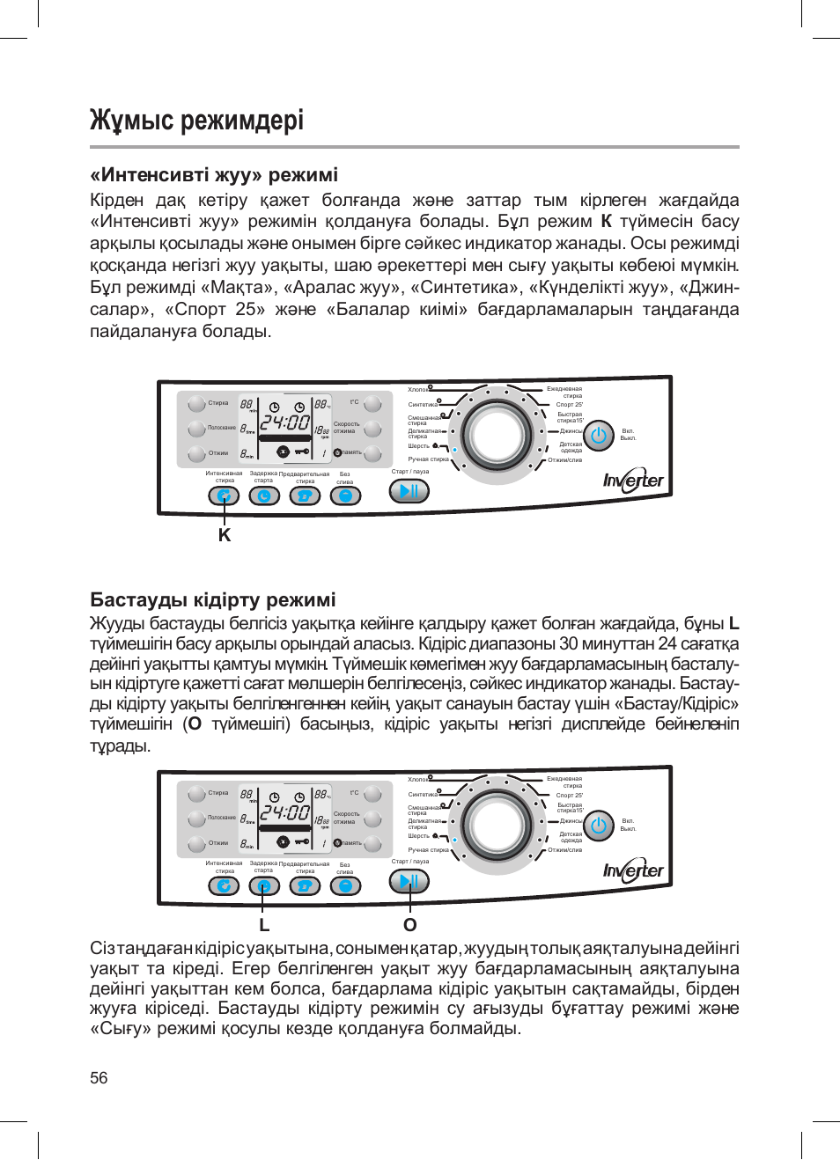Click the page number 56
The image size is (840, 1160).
click(x=99, y=1078)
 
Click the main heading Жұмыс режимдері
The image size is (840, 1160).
click(x=196, y=120)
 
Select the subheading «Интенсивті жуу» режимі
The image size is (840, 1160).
click(x=214, y=174)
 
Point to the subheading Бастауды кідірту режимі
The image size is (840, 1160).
click(x=213, y=599)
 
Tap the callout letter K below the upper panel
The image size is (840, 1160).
click(x=225, y=535)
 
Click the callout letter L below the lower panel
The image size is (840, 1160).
click(x=264, y=925)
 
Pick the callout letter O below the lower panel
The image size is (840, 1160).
click(x=409, y=925)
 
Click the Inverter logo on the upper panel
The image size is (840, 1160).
click(x=633, y=481)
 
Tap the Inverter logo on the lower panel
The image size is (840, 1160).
click(x=633, y=870)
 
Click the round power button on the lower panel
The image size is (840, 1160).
click(x=600, y=826)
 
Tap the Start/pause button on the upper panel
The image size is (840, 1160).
click(x=409, y=491)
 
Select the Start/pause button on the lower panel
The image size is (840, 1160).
click(x=409, y=881)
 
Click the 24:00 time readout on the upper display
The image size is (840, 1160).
click(x=284, y=423)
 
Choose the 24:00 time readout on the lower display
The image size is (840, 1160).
click(x=284, y=813)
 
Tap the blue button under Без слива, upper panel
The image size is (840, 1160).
click(x=345, y=496)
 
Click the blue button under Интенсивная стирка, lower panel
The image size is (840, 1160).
click(x=224, y=885)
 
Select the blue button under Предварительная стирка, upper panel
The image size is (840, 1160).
click(x=305, y=496)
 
